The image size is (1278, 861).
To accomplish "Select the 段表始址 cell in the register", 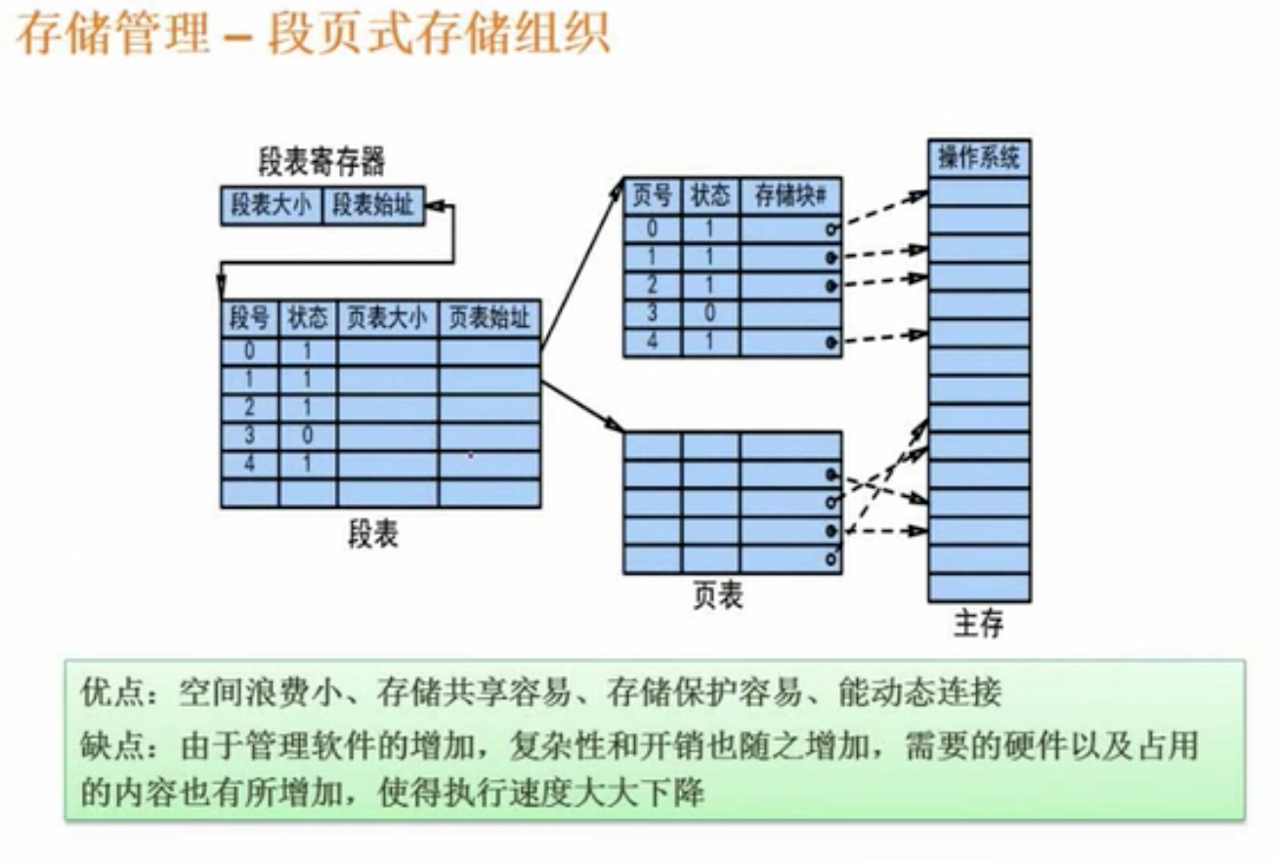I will (x=373, y=207).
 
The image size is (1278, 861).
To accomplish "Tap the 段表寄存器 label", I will (x=321, y=160).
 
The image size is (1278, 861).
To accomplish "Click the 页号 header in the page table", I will (x=653, y=196).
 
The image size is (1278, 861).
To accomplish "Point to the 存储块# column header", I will (x=790, y=196).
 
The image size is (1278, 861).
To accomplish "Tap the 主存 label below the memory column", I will (x=978, y=623).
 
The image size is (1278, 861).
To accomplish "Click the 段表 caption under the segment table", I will (x=374, y=533).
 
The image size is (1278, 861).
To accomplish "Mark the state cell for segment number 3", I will (x=308, y=436).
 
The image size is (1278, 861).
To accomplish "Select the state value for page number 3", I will (x=710, y=314).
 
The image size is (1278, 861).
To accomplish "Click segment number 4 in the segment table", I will (x=249, y=465).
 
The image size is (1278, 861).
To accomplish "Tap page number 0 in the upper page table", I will (x=653, y=229).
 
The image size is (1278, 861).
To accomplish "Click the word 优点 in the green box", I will (x=107, y=695).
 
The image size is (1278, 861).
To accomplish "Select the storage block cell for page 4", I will (x=790, y=343).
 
